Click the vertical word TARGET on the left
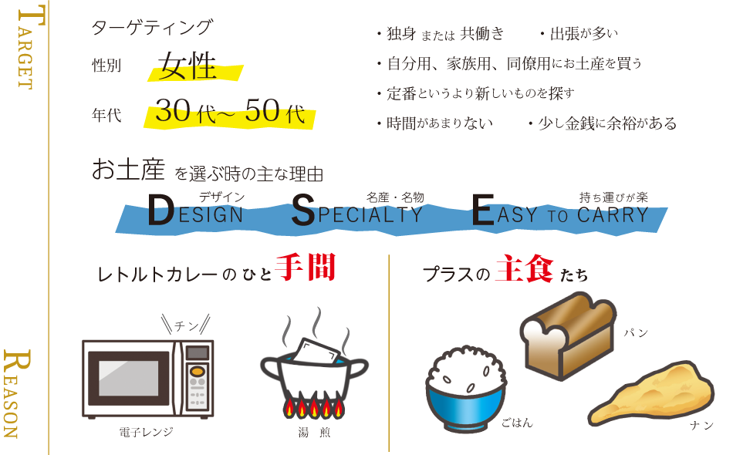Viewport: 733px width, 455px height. [x=24, y=48]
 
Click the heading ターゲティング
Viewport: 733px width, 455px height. [x=151, y=28]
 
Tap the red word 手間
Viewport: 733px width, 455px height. [x=306, y=268]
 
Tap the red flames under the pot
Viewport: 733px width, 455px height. [x=312, y=406]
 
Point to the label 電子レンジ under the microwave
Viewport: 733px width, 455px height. [x=146, y=432]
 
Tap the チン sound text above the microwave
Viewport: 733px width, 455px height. [x=186, y=325]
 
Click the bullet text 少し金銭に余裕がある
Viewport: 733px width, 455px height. [x=603, y=123]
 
